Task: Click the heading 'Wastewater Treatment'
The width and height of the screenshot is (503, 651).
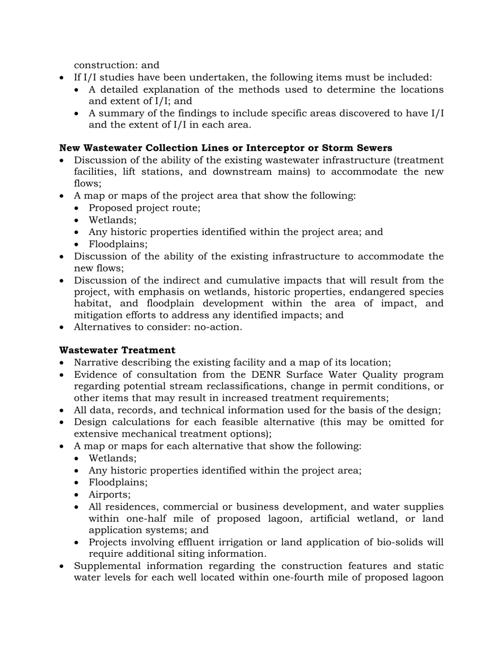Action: (x=117, y=350)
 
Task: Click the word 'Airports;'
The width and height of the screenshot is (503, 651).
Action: (x=110, y=494)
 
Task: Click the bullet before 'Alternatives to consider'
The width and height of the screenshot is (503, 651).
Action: (x=63, y=327)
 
